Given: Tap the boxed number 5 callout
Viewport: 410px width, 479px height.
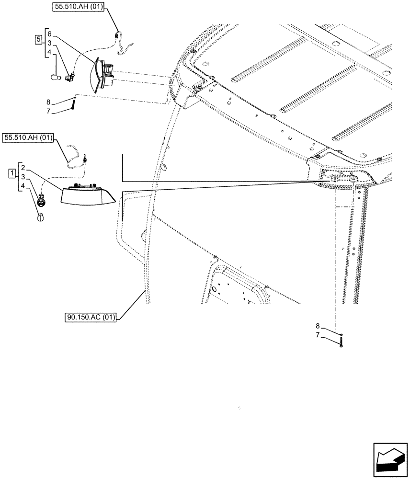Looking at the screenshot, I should pos(38,39).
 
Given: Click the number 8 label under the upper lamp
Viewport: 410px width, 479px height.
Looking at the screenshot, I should pos(49,102).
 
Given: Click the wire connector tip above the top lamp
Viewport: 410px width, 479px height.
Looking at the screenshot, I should pos(117,34).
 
